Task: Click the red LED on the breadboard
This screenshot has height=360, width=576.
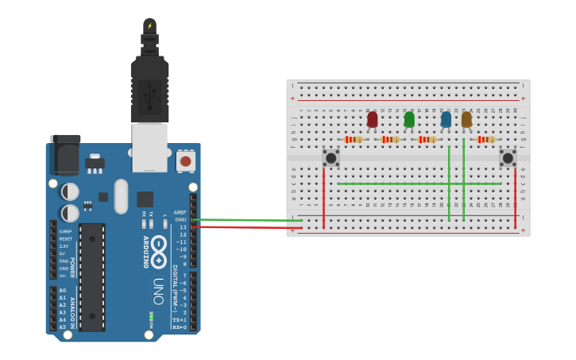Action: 373,119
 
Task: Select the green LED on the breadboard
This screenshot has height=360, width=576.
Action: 409,119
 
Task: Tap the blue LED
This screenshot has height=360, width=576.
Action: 446,119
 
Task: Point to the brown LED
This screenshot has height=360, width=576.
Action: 466,119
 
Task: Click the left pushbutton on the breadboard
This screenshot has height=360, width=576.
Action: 331,157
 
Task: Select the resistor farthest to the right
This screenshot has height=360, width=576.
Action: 486,139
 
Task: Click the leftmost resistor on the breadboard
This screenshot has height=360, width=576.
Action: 354,139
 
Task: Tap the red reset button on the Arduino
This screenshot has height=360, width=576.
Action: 186,161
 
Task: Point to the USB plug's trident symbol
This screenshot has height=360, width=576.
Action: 149,95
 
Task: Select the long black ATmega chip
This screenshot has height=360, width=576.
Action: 92,277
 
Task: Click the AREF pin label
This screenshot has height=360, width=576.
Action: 180,212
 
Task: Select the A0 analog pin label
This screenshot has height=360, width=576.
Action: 63,291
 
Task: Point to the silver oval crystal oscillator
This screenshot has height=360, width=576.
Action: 121,195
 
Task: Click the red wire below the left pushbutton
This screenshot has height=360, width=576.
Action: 323,199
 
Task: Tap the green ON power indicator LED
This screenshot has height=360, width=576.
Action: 150,316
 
